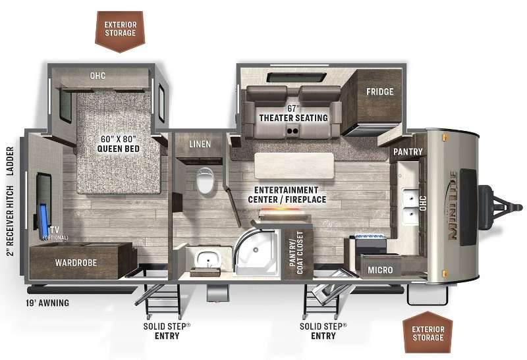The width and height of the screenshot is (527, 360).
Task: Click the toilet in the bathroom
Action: pyautogui.click(x=205, y=181)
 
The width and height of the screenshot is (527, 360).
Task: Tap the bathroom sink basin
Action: pyautogui.click(x=208, y=259)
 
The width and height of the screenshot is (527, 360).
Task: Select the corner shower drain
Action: pyautogui.click(x=256, y=250)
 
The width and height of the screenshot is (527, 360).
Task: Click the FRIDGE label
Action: pyautogui.click(x=380, y=91)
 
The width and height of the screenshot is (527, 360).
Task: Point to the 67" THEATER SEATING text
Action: pyautogui.click(x=293, y=113)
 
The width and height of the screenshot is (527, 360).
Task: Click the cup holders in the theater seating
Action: pyautogui.click(x=293, y=130)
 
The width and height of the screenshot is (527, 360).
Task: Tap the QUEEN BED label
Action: pyautogui.click(x=119, y=149)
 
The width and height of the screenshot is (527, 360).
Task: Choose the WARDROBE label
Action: pyautogui.click(x=76, y=263)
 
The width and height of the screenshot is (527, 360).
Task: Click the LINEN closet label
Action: pyautogui.click(x=200, y=144)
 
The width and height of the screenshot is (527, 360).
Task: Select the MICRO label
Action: pyautogui.click(x=380, y=270)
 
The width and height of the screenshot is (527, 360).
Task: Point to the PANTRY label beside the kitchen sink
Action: pyautogui.click(x=408, y=152)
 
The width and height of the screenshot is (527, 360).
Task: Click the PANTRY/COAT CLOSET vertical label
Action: pyautogui.click(x=296, y=253)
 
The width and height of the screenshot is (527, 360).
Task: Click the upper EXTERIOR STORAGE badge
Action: pyautogui.click(x=120, y=31)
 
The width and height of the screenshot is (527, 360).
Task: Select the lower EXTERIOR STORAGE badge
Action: pyautogui.click(x=428, y=332)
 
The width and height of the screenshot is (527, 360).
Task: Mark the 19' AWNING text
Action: pyautogui.click(x=47, y=303)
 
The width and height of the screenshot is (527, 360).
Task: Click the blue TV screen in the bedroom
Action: pyautogui.click(x=43, y=220)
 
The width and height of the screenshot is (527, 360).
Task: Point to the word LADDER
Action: pyautogui.click(x=10, y=161)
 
